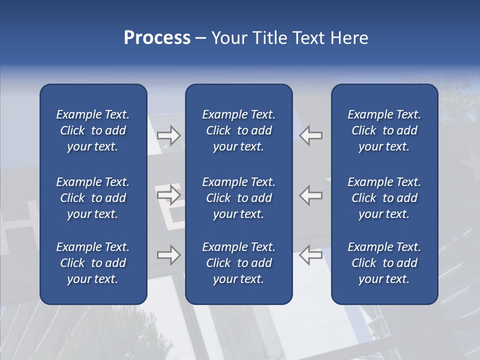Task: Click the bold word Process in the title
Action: (x=157, y=38)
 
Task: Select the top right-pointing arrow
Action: (x=168, y=135)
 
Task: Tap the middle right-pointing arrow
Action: (x=168, y=194)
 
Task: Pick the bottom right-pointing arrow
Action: (x=168, y=255)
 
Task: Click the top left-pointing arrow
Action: (x=311, y=135)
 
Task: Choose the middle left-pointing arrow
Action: (x=311, y=194)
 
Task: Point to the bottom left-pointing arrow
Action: (x=311, y=255)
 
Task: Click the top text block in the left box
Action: (x=93, y=130)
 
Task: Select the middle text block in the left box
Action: (x=93, y=198)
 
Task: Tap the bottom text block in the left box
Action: (x=93, y=263)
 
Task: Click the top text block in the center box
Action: (x=238, y=130)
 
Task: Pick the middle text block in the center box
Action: (x=238, y=198)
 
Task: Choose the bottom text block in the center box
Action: (x=238, y=263)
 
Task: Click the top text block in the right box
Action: (x=384, y=130)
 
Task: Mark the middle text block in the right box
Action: (x=384, y=198)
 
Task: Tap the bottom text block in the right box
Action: (x=384, y=263)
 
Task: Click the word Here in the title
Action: (x=349, y=38)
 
